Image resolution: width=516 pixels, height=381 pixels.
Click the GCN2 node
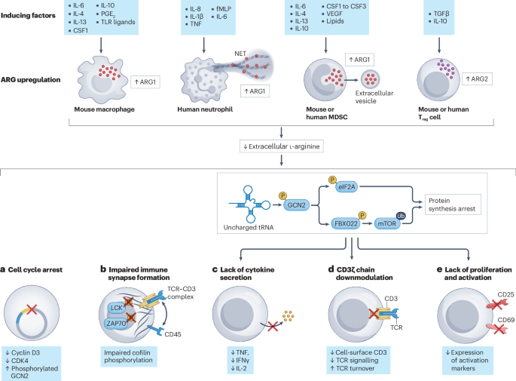coord(296,205)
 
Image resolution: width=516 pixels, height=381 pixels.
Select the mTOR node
coord(386,223)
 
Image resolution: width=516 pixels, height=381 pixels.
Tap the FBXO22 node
coord(346,223)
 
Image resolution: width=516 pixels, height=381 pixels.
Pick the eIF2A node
coord(347,187)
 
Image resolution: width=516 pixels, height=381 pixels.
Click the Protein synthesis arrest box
coord(453,204)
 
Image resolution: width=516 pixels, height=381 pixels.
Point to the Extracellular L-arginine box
coord(282,146)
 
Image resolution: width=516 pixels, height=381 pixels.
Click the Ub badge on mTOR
coord(401,216)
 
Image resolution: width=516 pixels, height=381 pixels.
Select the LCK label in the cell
coord(116,308)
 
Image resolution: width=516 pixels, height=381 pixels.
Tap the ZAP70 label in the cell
coord(116,324)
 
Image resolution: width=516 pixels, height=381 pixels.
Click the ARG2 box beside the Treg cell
coord(477,79)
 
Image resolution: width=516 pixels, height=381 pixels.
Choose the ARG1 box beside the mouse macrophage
coord(145,82)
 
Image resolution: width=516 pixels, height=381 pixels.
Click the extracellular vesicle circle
coord(371,79)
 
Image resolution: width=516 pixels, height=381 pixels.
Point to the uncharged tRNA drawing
coord(249,204)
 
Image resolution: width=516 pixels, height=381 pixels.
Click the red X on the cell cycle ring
coord(32,309)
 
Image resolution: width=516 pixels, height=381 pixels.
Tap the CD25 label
coord(505,294)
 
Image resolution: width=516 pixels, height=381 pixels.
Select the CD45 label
coord(173,334)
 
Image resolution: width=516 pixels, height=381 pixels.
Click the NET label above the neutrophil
coord(240,54)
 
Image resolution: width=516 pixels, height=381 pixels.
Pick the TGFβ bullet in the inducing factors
coord(441,14)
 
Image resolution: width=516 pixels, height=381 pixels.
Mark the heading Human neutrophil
coord(205,109)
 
